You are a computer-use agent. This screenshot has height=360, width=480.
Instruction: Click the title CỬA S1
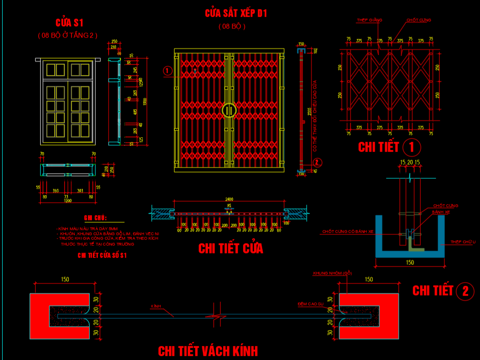point(69,23)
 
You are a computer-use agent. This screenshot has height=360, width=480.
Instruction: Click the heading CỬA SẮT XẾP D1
point(236,13)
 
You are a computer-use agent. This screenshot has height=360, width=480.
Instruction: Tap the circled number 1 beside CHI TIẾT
point(411,147)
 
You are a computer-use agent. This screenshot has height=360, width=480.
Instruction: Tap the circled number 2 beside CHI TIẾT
point(465,291)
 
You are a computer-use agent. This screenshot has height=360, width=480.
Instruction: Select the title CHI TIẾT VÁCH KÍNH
point(208,351)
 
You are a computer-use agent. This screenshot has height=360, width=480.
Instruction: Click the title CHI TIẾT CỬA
point(230,248)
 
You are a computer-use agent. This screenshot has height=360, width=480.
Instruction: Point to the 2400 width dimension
point(230,199)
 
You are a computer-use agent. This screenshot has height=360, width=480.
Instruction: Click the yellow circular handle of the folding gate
point(230,110)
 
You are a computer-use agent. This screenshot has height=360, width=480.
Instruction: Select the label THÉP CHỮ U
point(462,242)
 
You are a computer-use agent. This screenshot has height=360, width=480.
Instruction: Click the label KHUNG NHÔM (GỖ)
point(332,273)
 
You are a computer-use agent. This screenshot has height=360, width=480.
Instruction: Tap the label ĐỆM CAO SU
point(310,304)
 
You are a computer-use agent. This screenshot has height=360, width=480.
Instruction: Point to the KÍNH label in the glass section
point(156,307)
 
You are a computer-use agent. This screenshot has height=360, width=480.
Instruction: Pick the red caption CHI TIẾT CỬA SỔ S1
point(102,255)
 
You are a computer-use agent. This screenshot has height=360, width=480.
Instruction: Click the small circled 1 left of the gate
point(168,71)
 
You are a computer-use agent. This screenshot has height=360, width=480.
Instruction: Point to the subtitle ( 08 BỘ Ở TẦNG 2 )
point(67,35)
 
